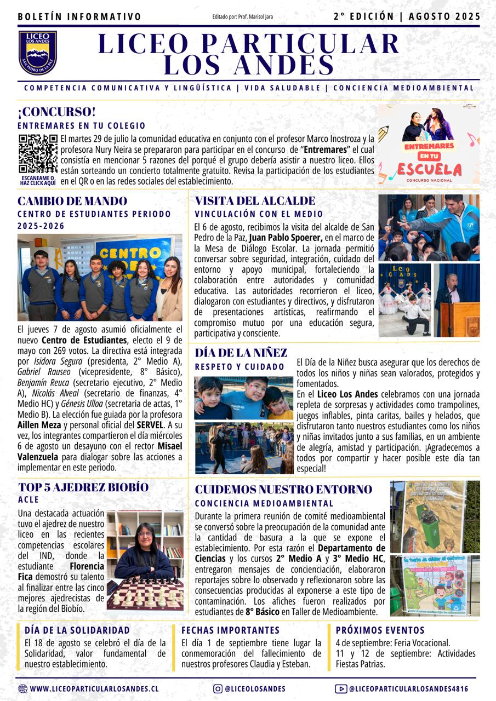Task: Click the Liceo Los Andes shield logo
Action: click(x=38, y=53)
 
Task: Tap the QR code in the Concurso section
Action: click(x=38, y=154)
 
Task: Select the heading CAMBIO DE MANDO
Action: click(x=72, y=201)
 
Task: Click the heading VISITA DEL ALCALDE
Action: click(x=255, y=201)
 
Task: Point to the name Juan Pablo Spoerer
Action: click(x=285, y=237)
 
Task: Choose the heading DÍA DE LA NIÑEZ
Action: click(x=241, y=353)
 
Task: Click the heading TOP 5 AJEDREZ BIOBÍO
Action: click(x=83, y=487)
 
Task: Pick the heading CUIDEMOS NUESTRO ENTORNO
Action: click(x=283, y=489)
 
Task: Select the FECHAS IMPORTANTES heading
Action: click(x=230, y=630)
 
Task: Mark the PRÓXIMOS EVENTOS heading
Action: click(x=380, y=630)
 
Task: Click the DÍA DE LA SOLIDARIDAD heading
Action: click(x=77, y=630)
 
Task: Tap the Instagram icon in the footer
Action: click(x=218, y=689)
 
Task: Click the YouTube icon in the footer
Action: click(x=340, y=689)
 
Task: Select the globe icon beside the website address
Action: click(x=22, y=689)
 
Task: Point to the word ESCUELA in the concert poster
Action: click(x=430, y=168)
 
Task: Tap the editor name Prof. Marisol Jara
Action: click(x=255, y=17)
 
